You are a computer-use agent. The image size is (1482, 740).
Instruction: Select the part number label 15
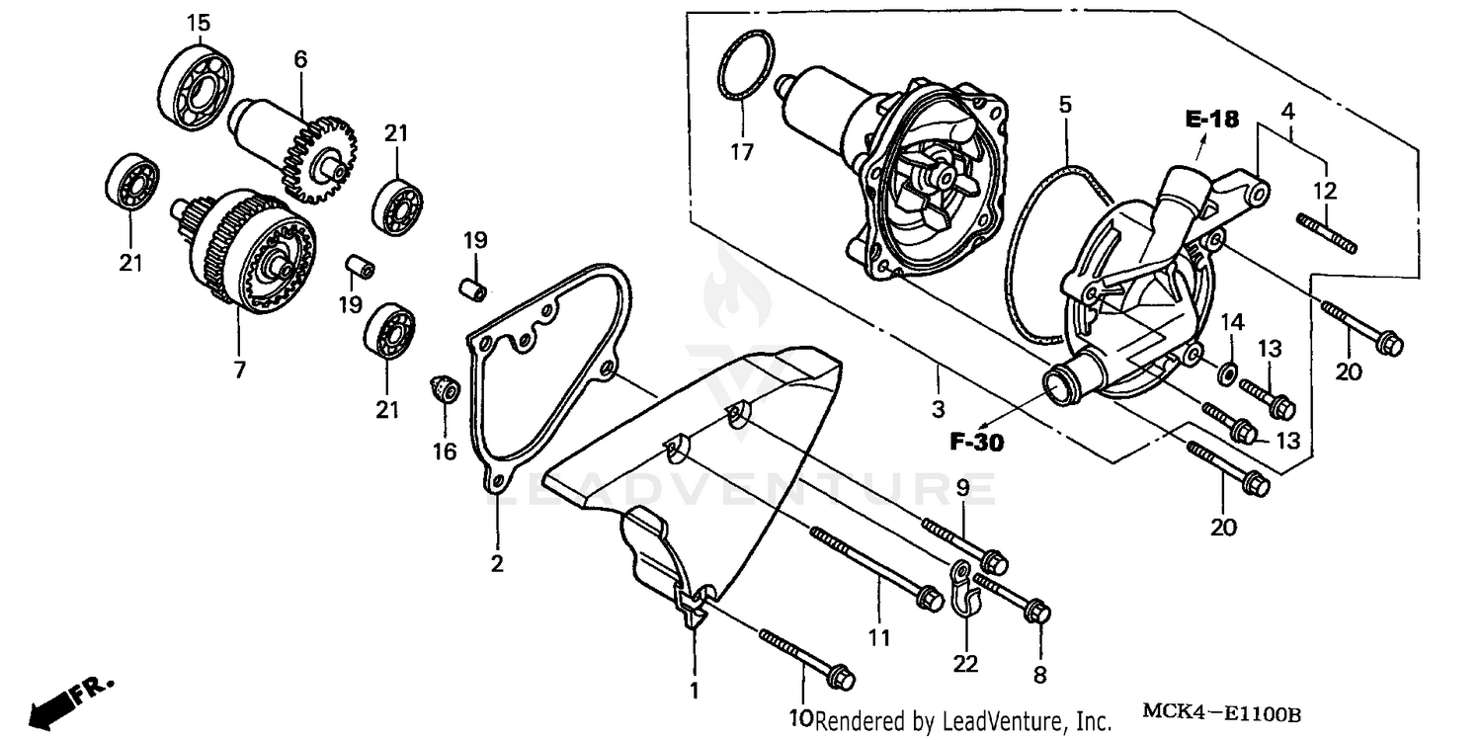(x=199, y=22)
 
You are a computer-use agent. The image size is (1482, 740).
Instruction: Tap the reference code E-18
(x=1212, y=120)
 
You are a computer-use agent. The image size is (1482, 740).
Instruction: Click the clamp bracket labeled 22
(x=964, y=588)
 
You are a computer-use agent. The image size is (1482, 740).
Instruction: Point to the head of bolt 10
(x=841, y=679)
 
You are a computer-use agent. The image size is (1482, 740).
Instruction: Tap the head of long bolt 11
(x=929, y=598)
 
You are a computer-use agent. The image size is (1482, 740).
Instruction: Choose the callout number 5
(x=1064, y=105)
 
